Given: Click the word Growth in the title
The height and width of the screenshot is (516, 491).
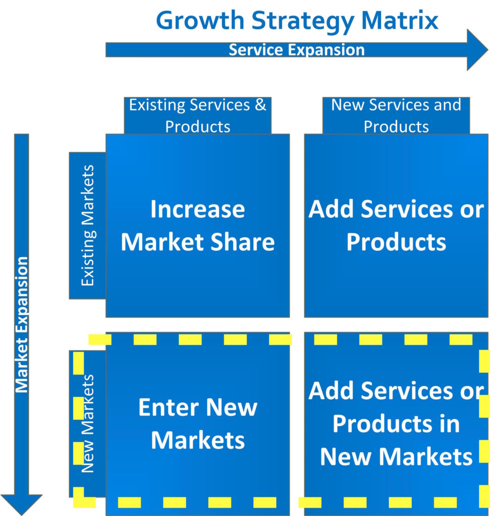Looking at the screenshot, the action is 200,21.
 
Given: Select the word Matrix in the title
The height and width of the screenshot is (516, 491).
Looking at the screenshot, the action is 400,20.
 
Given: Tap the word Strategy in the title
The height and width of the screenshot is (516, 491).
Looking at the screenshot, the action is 302,21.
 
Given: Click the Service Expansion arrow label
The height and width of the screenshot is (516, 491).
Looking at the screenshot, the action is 297,50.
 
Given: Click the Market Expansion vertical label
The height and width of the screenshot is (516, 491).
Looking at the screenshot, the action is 22,325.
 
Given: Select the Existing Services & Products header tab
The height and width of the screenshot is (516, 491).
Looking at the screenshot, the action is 198,115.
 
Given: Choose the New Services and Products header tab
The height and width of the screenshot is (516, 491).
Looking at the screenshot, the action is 396,115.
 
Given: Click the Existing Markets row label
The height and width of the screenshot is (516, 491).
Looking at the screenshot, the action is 88,225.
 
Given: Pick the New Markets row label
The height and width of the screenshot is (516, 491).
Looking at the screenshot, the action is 88,423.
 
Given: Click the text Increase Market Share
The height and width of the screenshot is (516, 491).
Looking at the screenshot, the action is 198,226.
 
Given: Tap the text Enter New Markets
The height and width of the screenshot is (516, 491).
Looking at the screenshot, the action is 198,424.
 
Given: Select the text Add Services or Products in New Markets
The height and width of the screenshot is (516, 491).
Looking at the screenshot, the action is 396,424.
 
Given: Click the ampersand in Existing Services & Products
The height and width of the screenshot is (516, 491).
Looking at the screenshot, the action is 260,105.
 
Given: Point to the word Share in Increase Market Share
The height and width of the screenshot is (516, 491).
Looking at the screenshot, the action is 243,242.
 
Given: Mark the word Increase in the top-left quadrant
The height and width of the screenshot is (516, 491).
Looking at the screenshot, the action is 198,209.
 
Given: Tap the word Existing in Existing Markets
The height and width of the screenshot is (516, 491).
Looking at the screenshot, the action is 88,258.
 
